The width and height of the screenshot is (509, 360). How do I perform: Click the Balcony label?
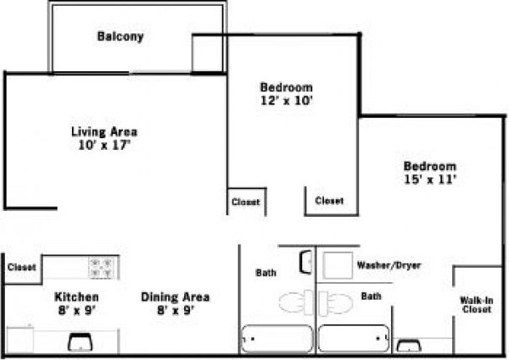point(120,37)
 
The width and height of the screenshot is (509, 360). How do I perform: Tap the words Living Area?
point(104,131)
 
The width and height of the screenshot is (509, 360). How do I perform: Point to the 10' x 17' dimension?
point(104,145)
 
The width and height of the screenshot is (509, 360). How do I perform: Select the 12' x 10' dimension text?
point(286,100)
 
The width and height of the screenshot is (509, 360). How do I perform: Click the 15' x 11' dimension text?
point(429,178)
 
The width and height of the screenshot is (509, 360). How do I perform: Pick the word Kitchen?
point(77,297)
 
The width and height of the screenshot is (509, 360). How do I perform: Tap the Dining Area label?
point(175,297)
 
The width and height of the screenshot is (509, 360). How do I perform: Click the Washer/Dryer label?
point(388,265)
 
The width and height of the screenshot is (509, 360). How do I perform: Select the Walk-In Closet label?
point(476,305)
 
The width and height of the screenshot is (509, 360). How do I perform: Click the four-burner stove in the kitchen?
point(103,268)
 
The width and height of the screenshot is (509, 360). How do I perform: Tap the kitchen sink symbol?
point(80,342)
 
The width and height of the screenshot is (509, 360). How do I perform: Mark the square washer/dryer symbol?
point(337,265)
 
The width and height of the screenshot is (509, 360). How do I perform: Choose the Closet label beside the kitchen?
point(22,268)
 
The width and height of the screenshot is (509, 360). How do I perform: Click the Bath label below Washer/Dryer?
point(370,296)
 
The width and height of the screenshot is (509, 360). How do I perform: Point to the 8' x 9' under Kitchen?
point(77,311)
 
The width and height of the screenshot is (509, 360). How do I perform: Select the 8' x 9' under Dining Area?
point(175,311)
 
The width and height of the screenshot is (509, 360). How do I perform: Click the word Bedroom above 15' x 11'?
point(429,166)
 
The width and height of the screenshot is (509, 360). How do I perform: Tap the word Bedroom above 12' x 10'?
point(286,87)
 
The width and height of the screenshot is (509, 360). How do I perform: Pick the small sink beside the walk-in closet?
point(409,345)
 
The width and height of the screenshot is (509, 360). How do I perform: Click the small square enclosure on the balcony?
point(209,53)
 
